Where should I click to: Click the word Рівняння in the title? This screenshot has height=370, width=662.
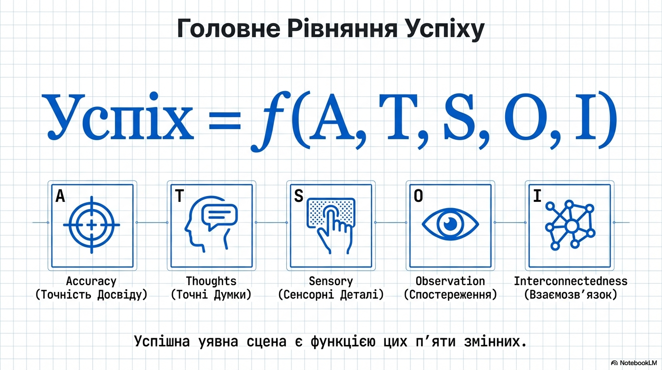point(342,28)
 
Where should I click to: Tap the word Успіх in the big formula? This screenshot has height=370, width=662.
point(117,116)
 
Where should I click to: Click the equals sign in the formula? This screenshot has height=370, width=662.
point(225,121)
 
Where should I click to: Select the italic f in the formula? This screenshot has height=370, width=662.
point(270,121)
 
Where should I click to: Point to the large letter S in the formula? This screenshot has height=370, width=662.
point(459,117)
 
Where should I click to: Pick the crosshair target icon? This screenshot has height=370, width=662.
point(91,225)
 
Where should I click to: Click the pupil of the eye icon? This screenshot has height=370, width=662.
point(450,224)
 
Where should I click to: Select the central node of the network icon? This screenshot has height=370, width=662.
point(572,226)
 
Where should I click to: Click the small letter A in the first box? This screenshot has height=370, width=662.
point(60,196)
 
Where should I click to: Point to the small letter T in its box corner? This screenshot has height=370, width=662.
point(179,196)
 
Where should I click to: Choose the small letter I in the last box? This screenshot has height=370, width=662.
point(537,196)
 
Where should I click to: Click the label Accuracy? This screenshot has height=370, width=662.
point(91,281)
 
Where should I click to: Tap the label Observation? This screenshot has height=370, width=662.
point(450,281)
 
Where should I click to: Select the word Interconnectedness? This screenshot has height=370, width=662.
point(571,281)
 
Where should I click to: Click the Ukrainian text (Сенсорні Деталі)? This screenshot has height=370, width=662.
point(331,295)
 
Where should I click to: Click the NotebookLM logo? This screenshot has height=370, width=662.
point(634,363)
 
